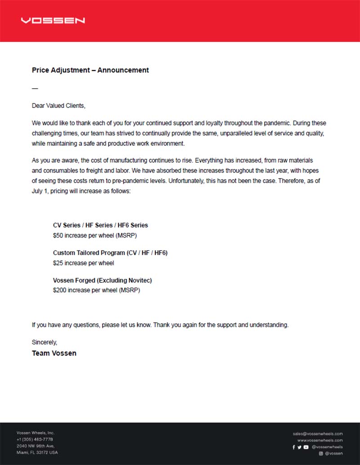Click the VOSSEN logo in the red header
click(53, 21)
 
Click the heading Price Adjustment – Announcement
click(90, 70)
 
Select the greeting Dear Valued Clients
click(58, 106)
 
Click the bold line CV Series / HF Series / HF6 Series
click(100, 225)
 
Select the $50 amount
click(58, 235)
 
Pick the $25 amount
click(58, 263)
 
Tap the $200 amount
click(59, 291)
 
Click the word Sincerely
click(44, 342)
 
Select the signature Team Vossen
click(54, 353)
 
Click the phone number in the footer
click(35, 439)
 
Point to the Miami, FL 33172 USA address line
click(37, 452)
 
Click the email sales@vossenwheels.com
click(318, 434)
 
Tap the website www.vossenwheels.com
click(320, 441)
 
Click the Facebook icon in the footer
click(294, 447)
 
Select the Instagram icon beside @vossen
click(321, 454)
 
